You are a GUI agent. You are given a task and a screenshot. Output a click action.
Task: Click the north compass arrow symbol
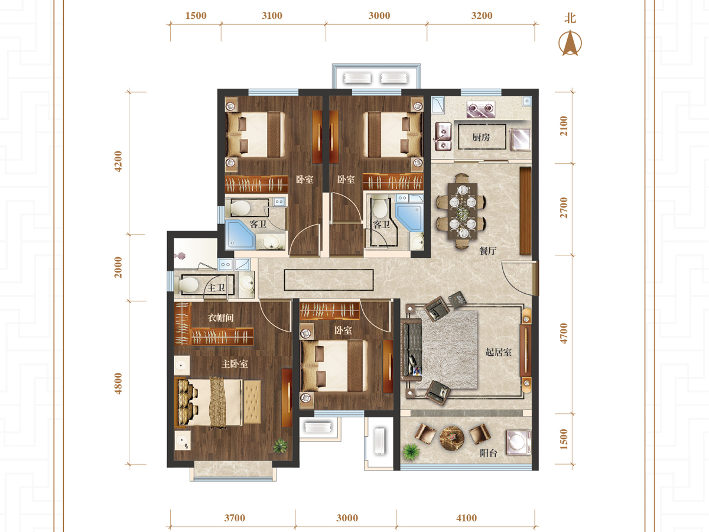570,43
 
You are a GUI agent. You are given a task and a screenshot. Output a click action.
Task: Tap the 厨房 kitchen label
481,137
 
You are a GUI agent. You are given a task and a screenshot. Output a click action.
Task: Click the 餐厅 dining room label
488,251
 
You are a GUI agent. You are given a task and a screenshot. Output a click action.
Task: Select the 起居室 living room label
499,352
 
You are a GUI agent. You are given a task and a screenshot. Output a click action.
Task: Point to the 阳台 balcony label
488,453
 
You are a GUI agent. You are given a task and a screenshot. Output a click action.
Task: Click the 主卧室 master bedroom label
235,364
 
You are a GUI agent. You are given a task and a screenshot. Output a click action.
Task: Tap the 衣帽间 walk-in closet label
220,317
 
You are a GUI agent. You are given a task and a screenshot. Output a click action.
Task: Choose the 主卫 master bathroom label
216,287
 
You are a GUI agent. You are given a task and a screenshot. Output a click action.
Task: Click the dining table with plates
463,211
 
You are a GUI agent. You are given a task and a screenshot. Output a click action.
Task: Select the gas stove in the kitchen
480,109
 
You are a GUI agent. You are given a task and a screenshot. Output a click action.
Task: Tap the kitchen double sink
443,137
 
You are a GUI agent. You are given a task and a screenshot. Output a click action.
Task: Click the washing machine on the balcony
518,442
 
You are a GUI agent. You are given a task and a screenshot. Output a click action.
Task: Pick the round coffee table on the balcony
452,439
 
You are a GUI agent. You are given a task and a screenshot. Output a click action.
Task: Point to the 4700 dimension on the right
564,333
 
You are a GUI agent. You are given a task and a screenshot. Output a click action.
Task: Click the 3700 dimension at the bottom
235,518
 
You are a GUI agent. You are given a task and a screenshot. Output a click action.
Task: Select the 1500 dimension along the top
196,15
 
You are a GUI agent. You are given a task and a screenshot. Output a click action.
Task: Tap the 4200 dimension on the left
118,161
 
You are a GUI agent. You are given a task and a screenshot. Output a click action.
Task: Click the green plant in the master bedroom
280,446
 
